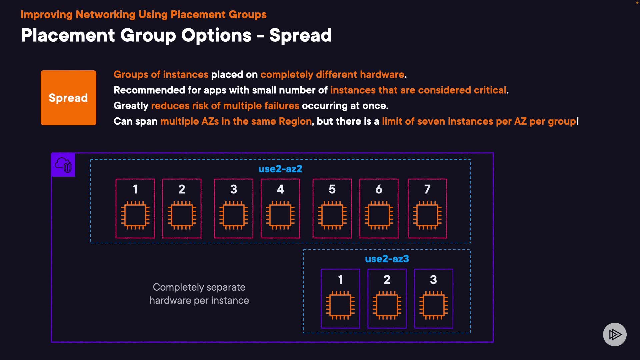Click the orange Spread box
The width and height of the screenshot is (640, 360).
pyautogui.click(x=68, y=98)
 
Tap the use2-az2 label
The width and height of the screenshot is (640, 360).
pyautogui.click(x=280, y=169)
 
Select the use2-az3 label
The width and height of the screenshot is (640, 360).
pyautogui.click(x=387, y=259)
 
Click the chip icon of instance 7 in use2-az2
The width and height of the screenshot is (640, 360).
pyautogui.click(x=427, y=215)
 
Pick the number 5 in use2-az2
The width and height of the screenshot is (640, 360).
pyautogui.click(x=332, y=189)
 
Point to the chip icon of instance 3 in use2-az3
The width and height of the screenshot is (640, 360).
pyautogui.click(x=433, y=305)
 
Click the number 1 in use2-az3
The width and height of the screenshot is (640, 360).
pyautogui.click(x=340, y=280)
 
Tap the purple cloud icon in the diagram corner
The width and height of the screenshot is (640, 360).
pyautogui.click(x=63, y=165)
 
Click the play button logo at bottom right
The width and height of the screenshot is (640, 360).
pyautogui.click(x=615, y=334)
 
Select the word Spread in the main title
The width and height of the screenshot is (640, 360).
pyautogui.click(x=300, y=35)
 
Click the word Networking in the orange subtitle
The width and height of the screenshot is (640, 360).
pyautogui.click(x=105, y=15)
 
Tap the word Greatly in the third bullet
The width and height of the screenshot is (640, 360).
pyautogui.click(x=131, y=106)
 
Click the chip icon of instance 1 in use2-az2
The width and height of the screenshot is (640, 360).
pyautogui.click(x=135, y=215)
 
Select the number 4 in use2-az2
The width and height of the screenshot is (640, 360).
pyautogui.click(x=280, y=189)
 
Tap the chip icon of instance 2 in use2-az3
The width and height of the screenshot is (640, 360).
pyautogui.click(x=387, y=305)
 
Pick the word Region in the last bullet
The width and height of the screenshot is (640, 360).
pyautogui.click(x=295, y=121)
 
